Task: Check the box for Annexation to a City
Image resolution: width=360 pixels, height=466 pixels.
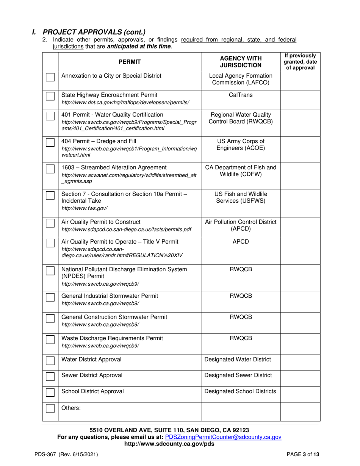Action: (x=50, y=77)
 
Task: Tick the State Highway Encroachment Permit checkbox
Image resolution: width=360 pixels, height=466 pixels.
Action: (x=50, y=96)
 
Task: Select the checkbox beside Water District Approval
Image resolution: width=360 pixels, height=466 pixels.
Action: (x=50, y=360)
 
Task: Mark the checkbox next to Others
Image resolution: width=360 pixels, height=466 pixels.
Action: (x=50, y=408)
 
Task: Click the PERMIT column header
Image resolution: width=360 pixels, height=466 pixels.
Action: (x=129, y=61)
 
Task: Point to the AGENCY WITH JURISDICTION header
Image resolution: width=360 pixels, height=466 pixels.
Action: (x=241, y=61)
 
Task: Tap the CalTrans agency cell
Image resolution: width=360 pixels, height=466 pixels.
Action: (x=241, y=95)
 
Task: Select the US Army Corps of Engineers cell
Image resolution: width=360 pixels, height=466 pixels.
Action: (x=241, y=144)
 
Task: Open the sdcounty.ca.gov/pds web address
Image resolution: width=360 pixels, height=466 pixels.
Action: (x=169, y=444)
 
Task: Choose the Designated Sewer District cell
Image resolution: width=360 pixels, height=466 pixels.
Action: (x=238, y=375)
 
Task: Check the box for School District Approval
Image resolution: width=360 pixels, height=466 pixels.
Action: (x=50, y=392)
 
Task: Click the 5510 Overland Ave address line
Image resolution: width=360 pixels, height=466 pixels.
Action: (x=169, y=430)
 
